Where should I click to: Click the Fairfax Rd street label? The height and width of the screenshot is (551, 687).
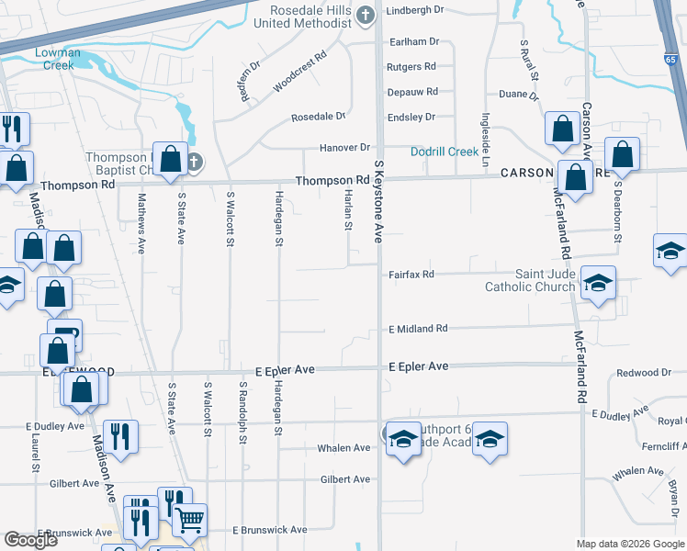tap(411, 274)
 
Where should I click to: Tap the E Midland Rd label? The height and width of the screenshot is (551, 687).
tap(418, 328)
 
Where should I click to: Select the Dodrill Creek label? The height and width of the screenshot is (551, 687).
tap(445, 152)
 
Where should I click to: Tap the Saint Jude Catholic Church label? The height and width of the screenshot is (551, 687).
tap(530, 280)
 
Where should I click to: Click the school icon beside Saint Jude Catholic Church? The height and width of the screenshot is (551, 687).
tap(598, 283)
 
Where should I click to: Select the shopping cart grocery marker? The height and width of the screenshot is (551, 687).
tap(190, 520)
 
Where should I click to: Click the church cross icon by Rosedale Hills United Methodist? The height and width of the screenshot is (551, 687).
tap(365, 15)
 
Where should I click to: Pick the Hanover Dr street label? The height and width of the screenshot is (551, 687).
tap(344, 147)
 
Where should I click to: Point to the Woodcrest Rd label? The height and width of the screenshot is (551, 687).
tap(299, 73)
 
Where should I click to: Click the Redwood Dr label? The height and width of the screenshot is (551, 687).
tap(644, 372)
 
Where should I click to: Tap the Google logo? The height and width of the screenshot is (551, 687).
tap(30, 540)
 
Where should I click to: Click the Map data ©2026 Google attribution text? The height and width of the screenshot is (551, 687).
tap(629, 544)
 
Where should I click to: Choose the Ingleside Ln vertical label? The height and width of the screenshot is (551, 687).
tap(485, 133)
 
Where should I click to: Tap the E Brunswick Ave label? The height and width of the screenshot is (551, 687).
tap(269, 530)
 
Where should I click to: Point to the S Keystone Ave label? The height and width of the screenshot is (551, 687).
tap(377, 201)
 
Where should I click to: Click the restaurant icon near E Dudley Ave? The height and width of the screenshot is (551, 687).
tap(120, 435)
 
